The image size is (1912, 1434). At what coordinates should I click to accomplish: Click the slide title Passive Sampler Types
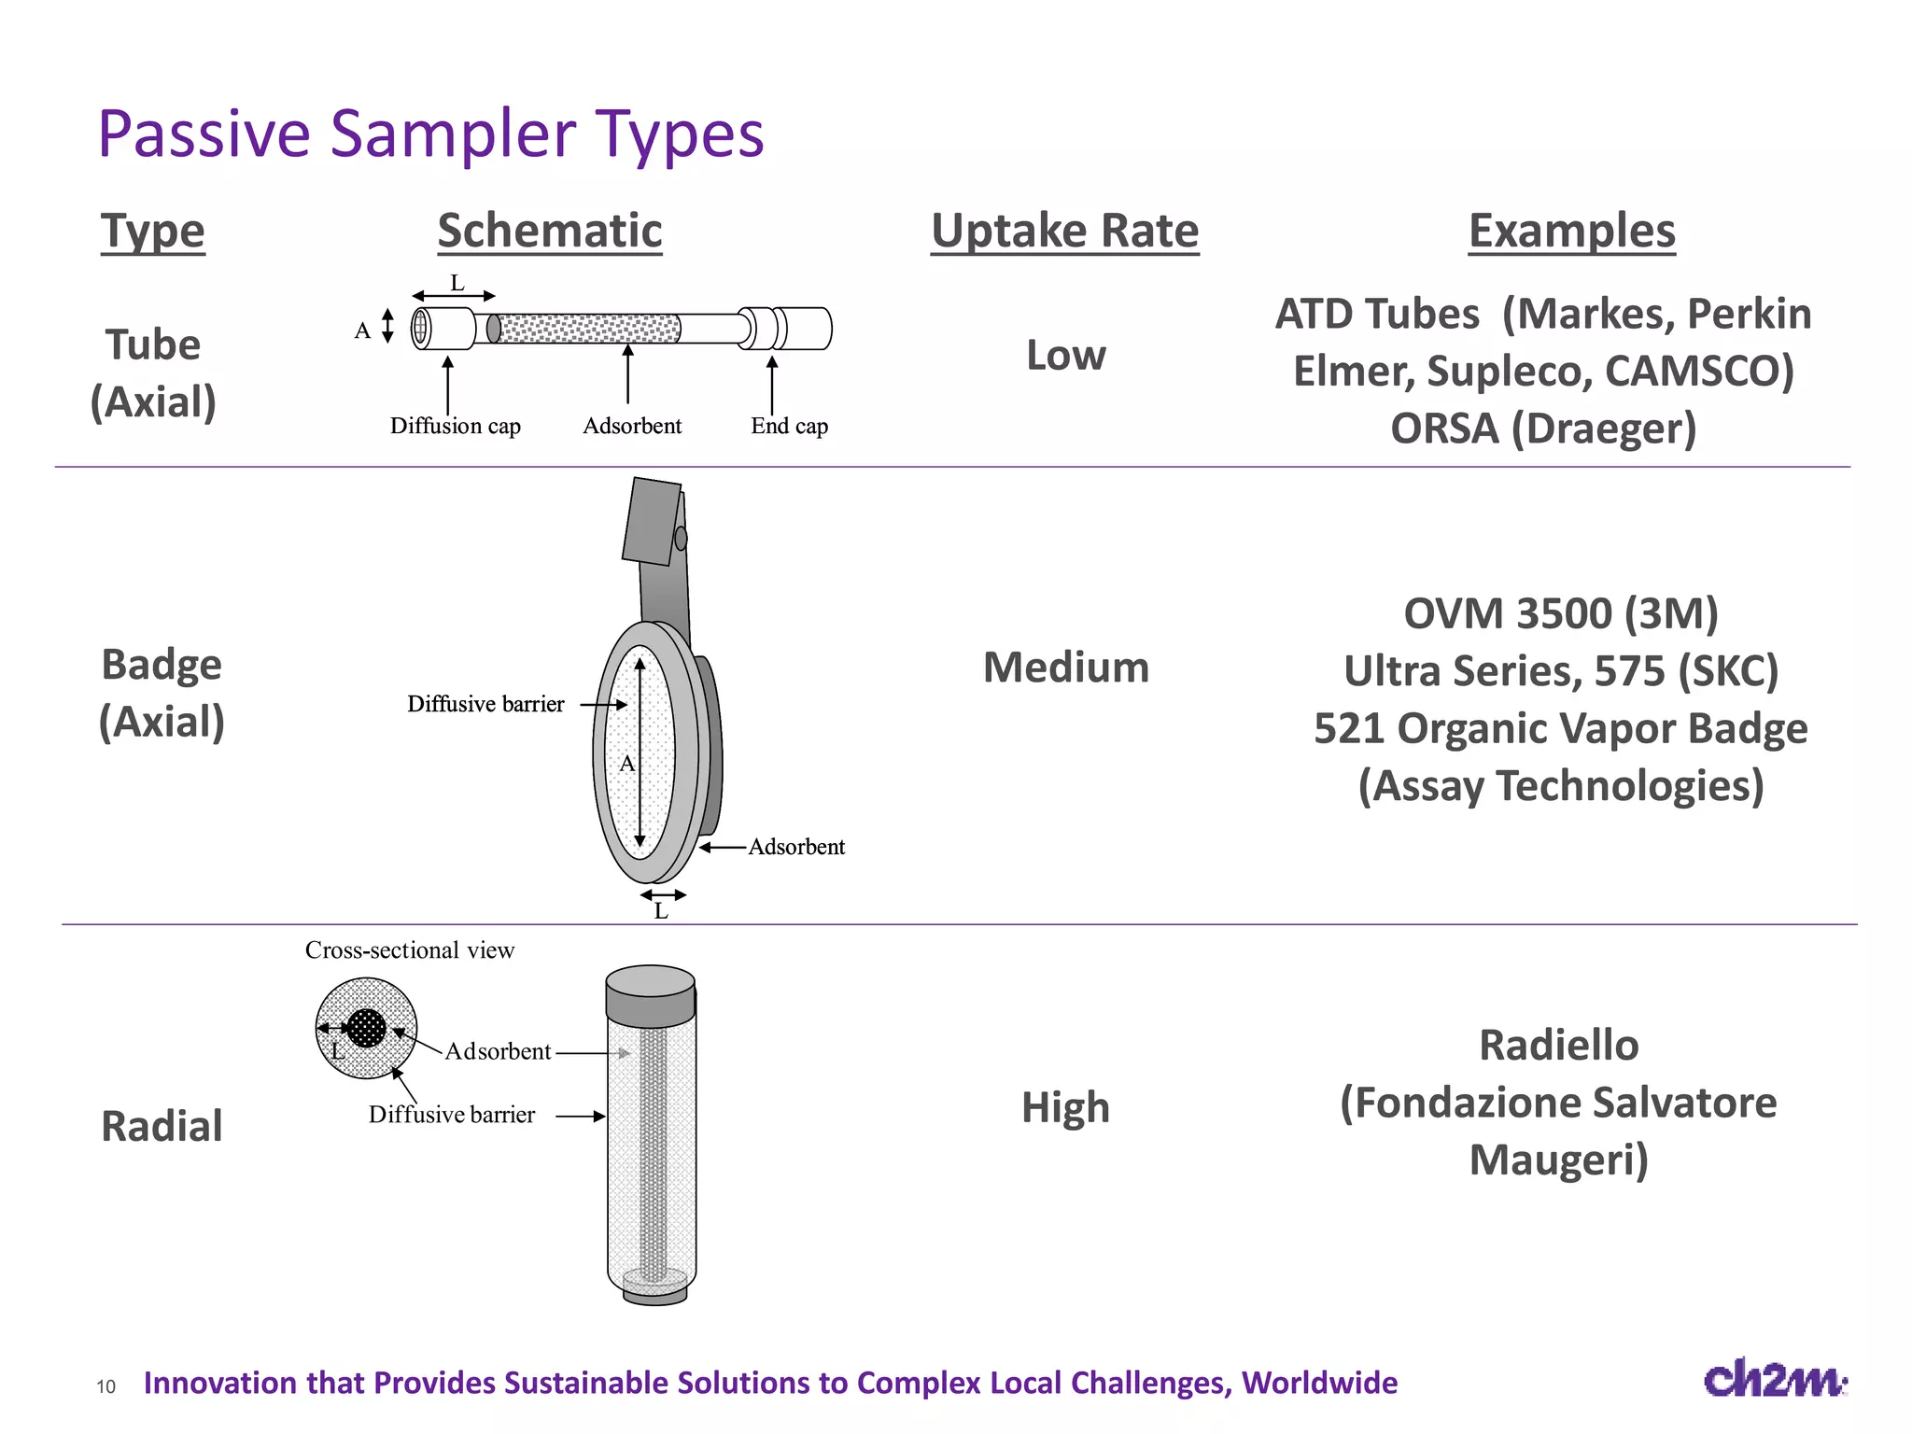430,134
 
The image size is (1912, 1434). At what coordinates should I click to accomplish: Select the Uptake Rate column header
1064,231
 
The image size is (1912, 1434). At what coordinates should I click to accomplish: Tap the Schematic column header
550,231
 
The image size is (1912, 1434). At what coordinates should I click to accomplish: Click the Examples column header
1571,231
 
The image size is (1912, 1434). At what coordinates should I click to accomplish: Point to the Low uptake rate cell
1065,355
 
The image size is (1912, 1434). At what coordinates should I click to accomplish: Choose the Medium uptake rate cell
1065,668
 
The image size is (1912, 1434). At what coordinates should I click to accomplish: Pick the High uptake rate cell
1065,1107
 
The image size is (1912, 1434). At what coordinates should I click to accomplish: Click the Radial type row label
162,1126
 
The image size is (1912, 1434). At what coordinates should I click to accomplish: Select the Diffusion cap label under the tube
455,426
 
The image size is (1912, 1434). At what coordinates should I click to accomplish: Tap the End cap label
789,426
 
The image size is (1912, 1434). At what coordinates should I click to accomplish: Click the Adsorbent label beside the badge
796,847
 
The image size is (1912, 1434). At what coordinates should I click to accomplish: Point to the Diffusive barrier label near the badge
485,704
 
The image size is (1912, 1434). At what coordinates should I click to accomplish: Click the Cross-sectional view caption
409,950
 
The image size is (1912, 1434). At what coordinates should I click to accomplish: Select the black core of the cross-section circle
366,1028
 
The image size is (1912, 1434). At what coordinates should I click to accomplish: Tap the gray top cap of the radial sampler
650,993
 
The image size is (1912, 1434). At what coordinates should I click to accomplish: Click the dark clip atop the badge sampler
652,521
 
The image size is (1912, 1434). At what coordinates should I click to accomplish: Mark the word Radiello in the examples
1558,1045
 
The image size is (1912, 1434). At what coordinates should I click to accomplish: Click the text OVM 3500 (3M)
1560,613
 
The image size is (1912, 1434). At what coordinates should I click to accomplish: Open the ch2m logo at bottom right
1774,1379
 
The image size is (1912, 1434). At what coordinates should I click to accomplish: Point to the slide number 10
105,1386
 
